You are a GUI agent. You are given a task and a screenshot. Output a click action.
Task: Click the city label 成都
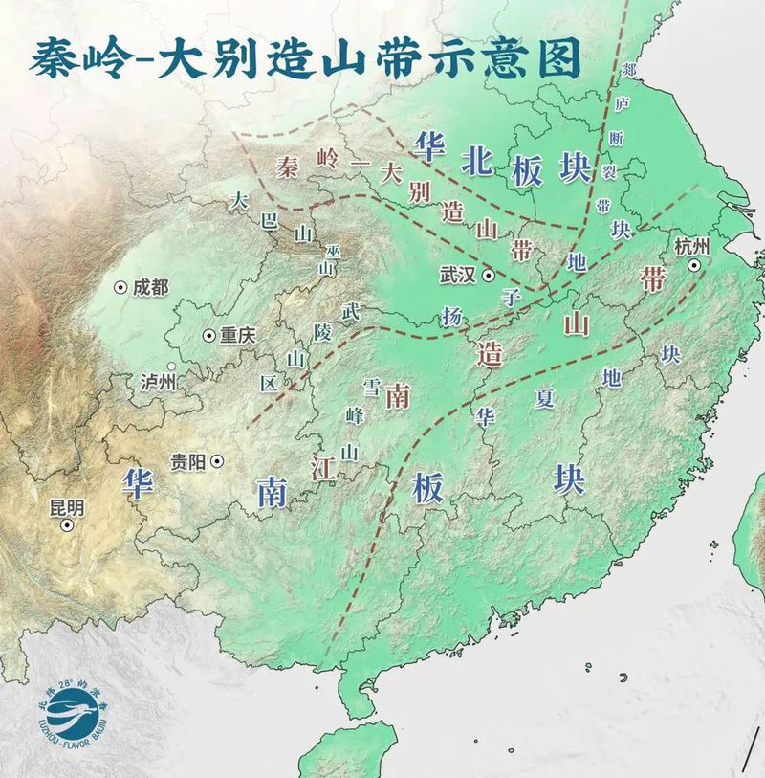(x=151, y=285)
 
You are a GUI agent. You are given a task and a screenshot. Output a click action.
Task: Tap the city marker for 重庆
(x=208, y=335)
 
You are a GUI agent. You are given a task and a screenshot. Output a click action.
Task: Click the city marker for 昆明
(x=67, y=525)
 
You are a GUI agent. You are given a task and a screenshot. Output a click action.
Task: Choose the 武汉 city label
(x=458, y=275)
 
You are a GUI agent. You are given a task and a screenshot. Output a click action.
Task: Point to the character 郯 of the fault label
(x=628, y=71)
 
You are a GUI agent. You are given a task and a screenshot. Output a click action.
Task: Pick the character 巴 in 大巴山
(x=269, y=220)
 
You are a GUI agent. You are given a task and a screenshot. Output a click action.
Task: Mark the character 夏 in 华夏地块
(x=545, y=399)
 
